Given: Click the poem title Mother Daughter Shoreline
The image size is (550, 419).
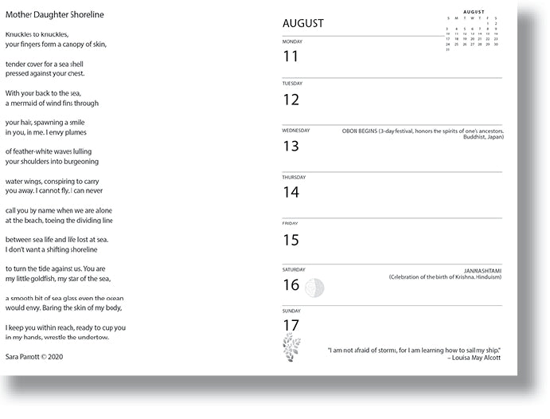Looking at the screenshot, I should pos(54,15).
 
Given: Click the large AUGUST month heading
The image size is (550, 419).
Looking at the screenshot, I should pos(303,23).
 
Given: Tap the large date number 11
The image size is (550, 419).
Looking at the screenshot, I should pos(291,57).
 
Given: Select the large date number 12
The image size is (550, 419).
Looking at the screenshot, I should pos(291,100).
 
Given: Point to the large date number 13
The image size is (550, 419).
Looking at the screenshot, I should pos(291,147).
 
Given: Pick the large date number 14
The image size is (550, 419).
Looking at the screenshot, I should pos(291,192).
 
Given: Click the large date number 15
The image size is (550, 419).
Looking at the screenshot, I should pos(291,240).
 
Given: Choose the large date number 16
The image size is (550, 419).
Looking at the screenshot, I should pos(291,285).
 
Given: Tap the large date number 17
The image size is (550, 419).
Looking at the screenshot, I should pos(291,325).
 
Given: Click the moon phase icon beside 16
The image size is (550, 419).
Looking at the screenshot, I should pos(316,287).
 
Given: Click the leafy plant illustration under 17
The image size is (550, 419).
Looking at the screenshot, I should pos(292,349).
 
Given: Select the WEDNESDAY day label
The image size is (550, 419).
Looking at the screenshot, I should pos(296,130).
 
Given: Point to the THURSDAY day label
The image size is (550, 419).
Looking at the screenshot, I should pos(295,177).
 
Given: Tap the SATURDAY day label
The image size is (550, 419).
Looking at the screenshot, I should pos(295,270).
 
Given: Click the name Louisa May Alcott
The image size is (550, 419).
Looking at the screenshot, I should pos(478,358).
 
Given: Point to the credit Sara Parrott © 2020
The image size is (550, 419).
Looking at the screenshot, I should pos(33,356).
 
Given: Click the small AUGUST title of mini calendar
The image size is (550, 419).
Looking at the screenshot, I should pos(474,12).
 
